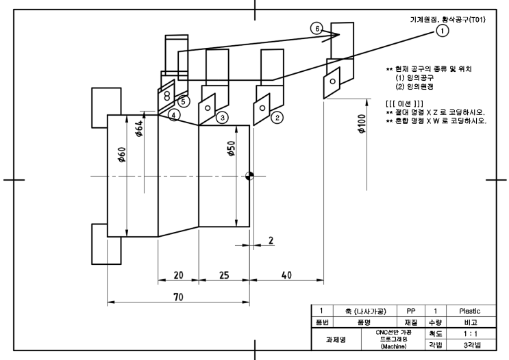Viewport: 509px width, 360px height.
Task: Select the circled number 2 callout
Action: click(x=277, y=118)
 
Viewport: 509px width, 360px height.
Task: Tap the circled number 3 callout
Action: click(x=221, y=118)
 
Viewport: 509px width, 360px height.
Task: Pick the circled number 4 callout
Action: click(x=175, y=116)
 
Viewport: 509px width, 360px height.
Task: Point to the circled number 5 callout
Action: click(x=183, y=101)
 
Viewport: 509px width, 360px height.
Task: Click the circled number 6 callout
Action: click(x=316, y=29)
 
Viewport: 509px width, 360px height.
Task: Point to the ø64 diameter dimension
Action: click(x=139, y=129)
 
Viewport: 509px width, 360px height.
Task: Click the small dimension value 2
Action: click(x=271, y=240)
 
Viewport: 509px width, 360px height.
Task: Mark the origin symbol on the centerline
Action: click(x=249, y=175)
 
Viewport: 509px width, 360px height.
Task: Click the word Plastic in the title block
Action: click(x=469, y=310)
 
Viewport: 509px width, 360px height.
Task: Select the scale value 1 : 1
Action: click(x=469, y=333)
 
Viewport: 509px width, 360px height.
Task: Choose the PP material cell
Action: click(x=405, y=310)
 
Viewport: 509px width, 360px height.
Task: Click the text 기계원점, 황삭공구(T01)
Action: click(x=443, y=19)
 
